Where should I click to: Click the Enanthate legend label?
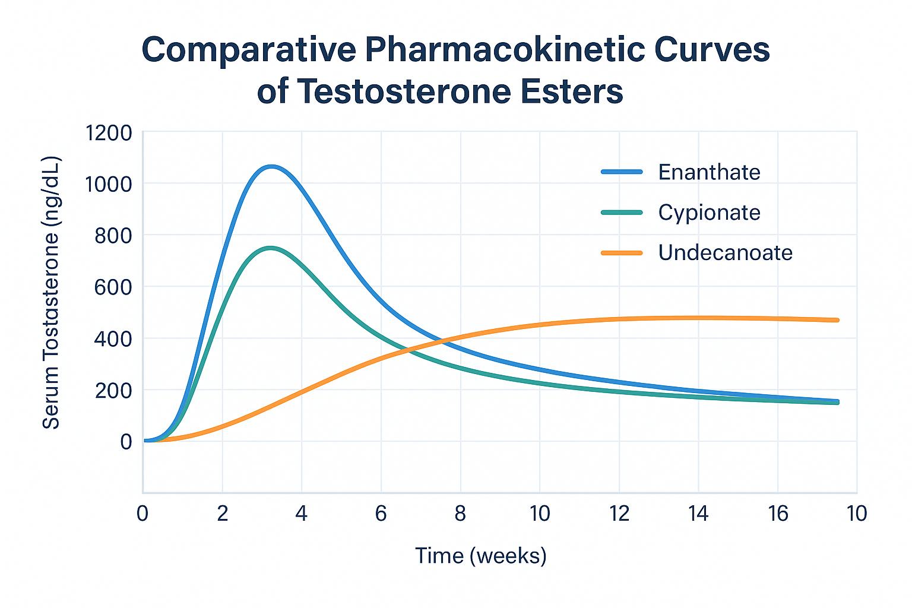click(x=709, y=172)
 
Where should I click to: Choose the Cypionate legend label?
click(x=709, y=213)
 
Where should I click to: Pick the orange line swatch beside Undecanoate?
click(x=622, y=253)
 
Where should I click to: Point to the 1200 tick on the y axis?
click(x=109, y=133)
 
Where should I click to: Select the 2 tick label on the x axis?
click(x=222, y=514)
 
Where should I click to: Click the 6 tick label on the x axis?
click(x=381, y=514)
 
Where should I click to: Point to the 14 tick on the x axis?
click(x=698, y=514)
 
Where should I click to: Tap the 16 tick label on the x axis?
click(x=777, y=514)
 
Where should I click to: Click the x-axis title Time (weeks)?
click(x=480, y=556)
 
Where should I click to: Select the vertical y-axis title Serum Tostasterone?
click(x=52, y=292)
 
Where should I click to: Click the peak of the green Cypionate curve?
click(x=271, y=248)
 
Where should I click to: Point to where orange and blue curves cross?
click(x=444, y=341)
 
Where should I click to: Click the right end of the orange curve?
click(x=837, y=320)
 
